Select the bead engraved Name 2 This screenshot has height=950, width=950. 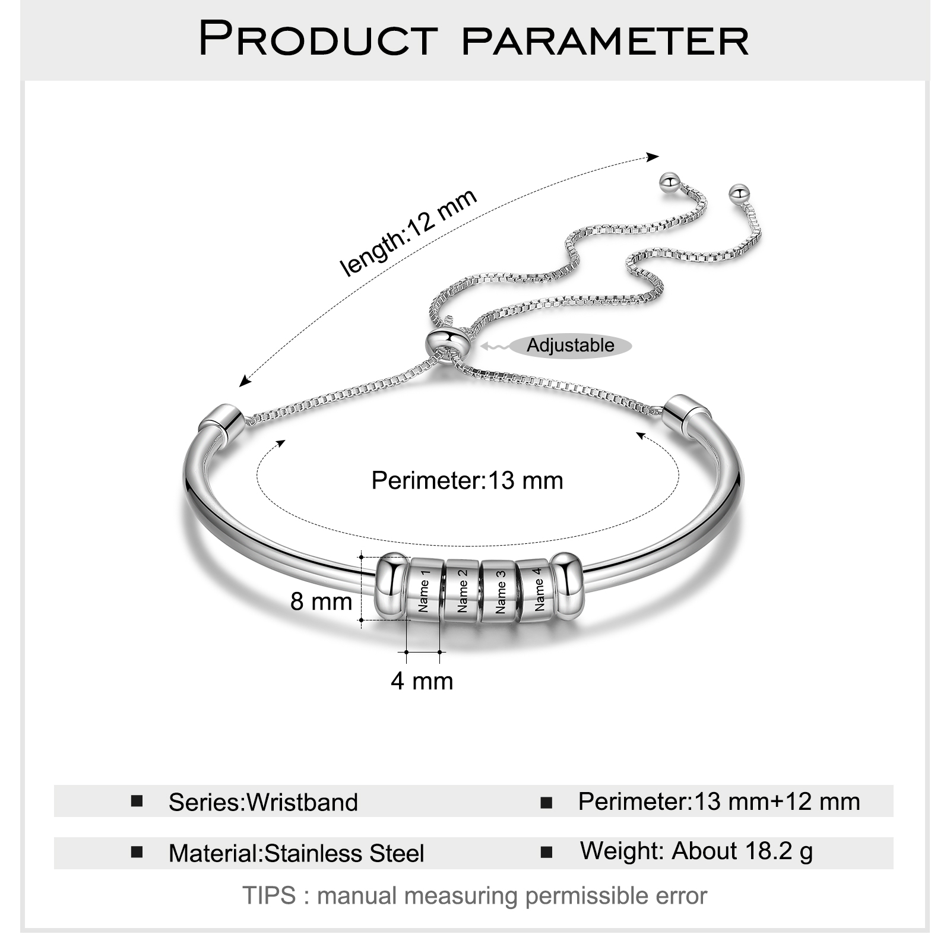click(x=462, y=590)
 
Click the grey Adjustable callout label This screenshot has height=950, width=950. click(x=571, y=345)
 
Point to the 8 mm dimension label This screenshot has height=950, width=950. click(x=321, y=601)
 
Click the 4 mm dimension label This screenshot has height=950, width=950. click(x=422, y=681)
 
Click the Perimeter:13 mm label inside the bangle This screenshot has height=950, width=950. click(x=467, y=480)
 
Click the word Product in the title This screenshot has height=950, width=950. click(x=318, y=38)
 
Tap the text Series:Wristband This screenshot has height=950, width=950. click(x=263, y=802)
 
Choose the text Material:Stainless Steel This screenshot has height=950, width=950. click(x=296, y=853)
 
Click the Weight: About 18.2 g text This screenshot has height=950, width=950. click(x=696, y=851)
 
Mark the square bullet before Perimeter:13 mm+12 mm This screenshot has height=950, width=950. click(x=546, y=803)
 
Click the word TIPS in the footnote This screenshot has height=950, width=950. click(x=269, y=895)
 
